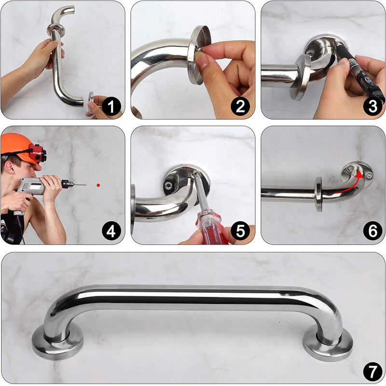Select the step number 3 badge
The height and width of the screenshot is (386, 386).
(x=372, y=107)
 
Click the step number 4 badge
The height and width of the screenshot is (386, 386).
(x=111, y=232)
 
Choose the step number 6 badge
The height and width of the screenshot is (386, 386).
(x=372, y=232)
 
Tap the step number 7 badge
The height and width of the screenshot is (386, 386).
(x=372, y=372)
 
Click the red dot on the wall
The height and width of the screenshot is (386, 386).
(x=98, y=185)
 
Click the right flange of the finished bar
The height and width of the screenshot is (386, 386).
(x=329, y=344)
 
